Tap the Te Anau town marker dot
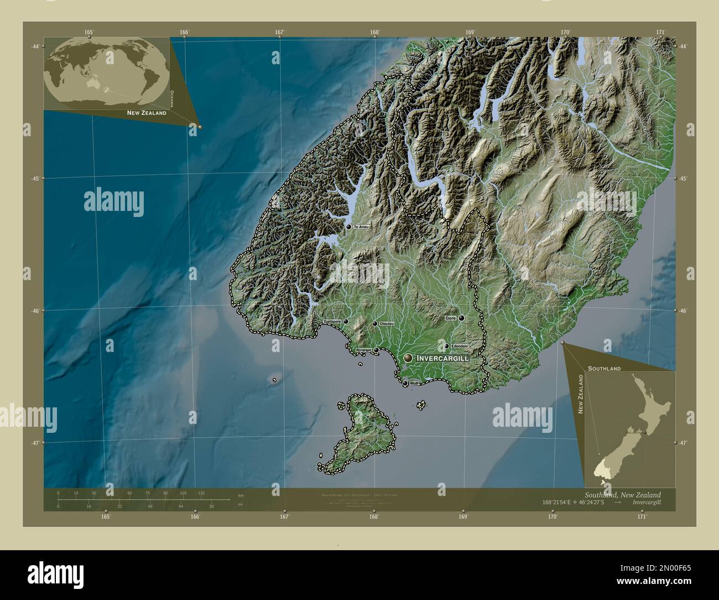click(x=348, y=226)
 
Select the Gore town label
click(x=450, y=318)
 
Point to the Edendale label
click(x=459, y=346)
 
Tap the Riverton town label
click(x=363, y=350)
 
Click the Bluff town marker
click(x=405, y=383)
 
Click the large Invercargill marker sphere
click(x=408, y=359)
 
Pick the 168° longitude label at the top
click(x=376, y=33)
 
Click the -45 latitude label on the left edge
click(x=35, y=178)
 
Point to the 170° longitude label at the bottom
click(x=553, y=516)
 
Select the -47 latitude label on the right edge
click(x=683, y=443)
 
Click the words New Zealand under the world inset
click(x=147, y=113)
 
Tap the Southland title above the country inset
click(x=604, y=368)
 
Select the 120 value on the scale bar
click(x=201, y=493)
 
